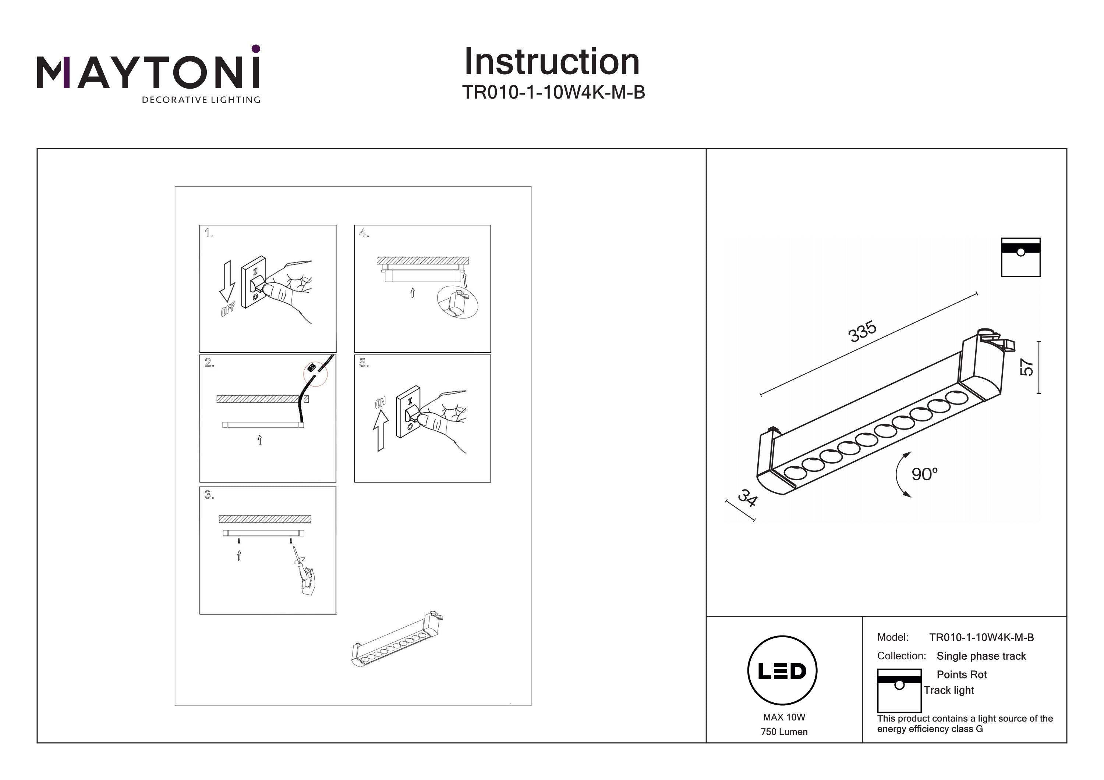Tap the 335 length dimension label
click(x=862, y=332)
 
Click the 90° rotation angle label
click(x=924, y=474)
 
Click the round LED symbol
click(x=782, y=671)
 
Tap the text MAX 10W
click(x=784, y=717)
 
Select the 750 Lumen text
click(x=784, y=732)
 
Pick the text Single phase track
click(x=981, y=656)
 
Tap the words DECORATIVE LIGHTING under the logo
click(x=201, y=100)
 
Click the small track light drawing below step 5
click(x=397, y=641)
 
